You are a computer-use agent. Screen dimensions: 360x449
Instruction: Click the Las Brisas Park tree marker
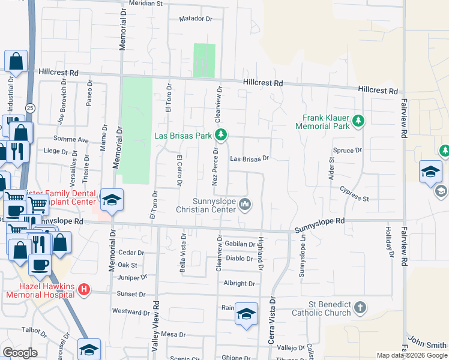(x=221, y=135)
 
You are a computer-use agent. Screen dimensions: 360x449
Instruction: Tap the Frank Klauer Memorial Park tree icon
(x=358, y=122)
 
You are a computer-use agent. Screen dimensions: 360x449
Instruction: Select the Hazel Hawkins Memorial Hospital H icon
(x=84, y=290)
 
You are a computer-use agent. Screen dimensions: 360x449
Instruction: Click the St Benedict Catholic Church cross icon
(x=360, y=308)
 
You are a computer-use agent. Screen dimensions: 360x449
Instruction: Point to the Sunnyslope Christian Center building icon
(x=244, y=205)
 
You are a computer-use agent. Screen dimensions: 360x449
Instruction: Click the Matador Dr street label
(x=196, y=19)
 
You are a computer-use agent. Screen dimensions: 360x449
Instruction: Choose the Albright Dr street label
(x=239, y=283)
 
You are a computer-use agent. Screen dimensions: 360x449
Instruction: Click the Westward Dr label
(x=131, y=313)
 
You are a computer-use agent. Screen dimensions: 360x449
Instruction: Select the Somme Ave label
(x=75, y=140)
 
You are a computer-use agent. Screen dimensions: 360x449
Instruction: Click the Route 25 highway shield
(x=29, y=107)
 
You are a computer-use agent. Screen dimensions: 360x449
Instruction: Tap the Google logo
(x=20, y=353)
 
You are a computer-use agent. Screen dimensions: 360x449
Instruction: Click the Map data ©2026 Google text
(x=412, y=355)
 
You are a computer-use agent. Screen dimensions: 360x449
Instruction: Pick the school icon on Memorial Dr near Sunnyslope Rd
(x=111, y=200)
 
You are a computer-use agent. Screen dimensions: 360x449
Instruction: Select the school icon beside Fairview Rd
(x=430, y=172)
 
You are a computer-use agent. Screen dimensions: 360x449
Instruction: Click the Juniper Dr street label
(x=133, y=277)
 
